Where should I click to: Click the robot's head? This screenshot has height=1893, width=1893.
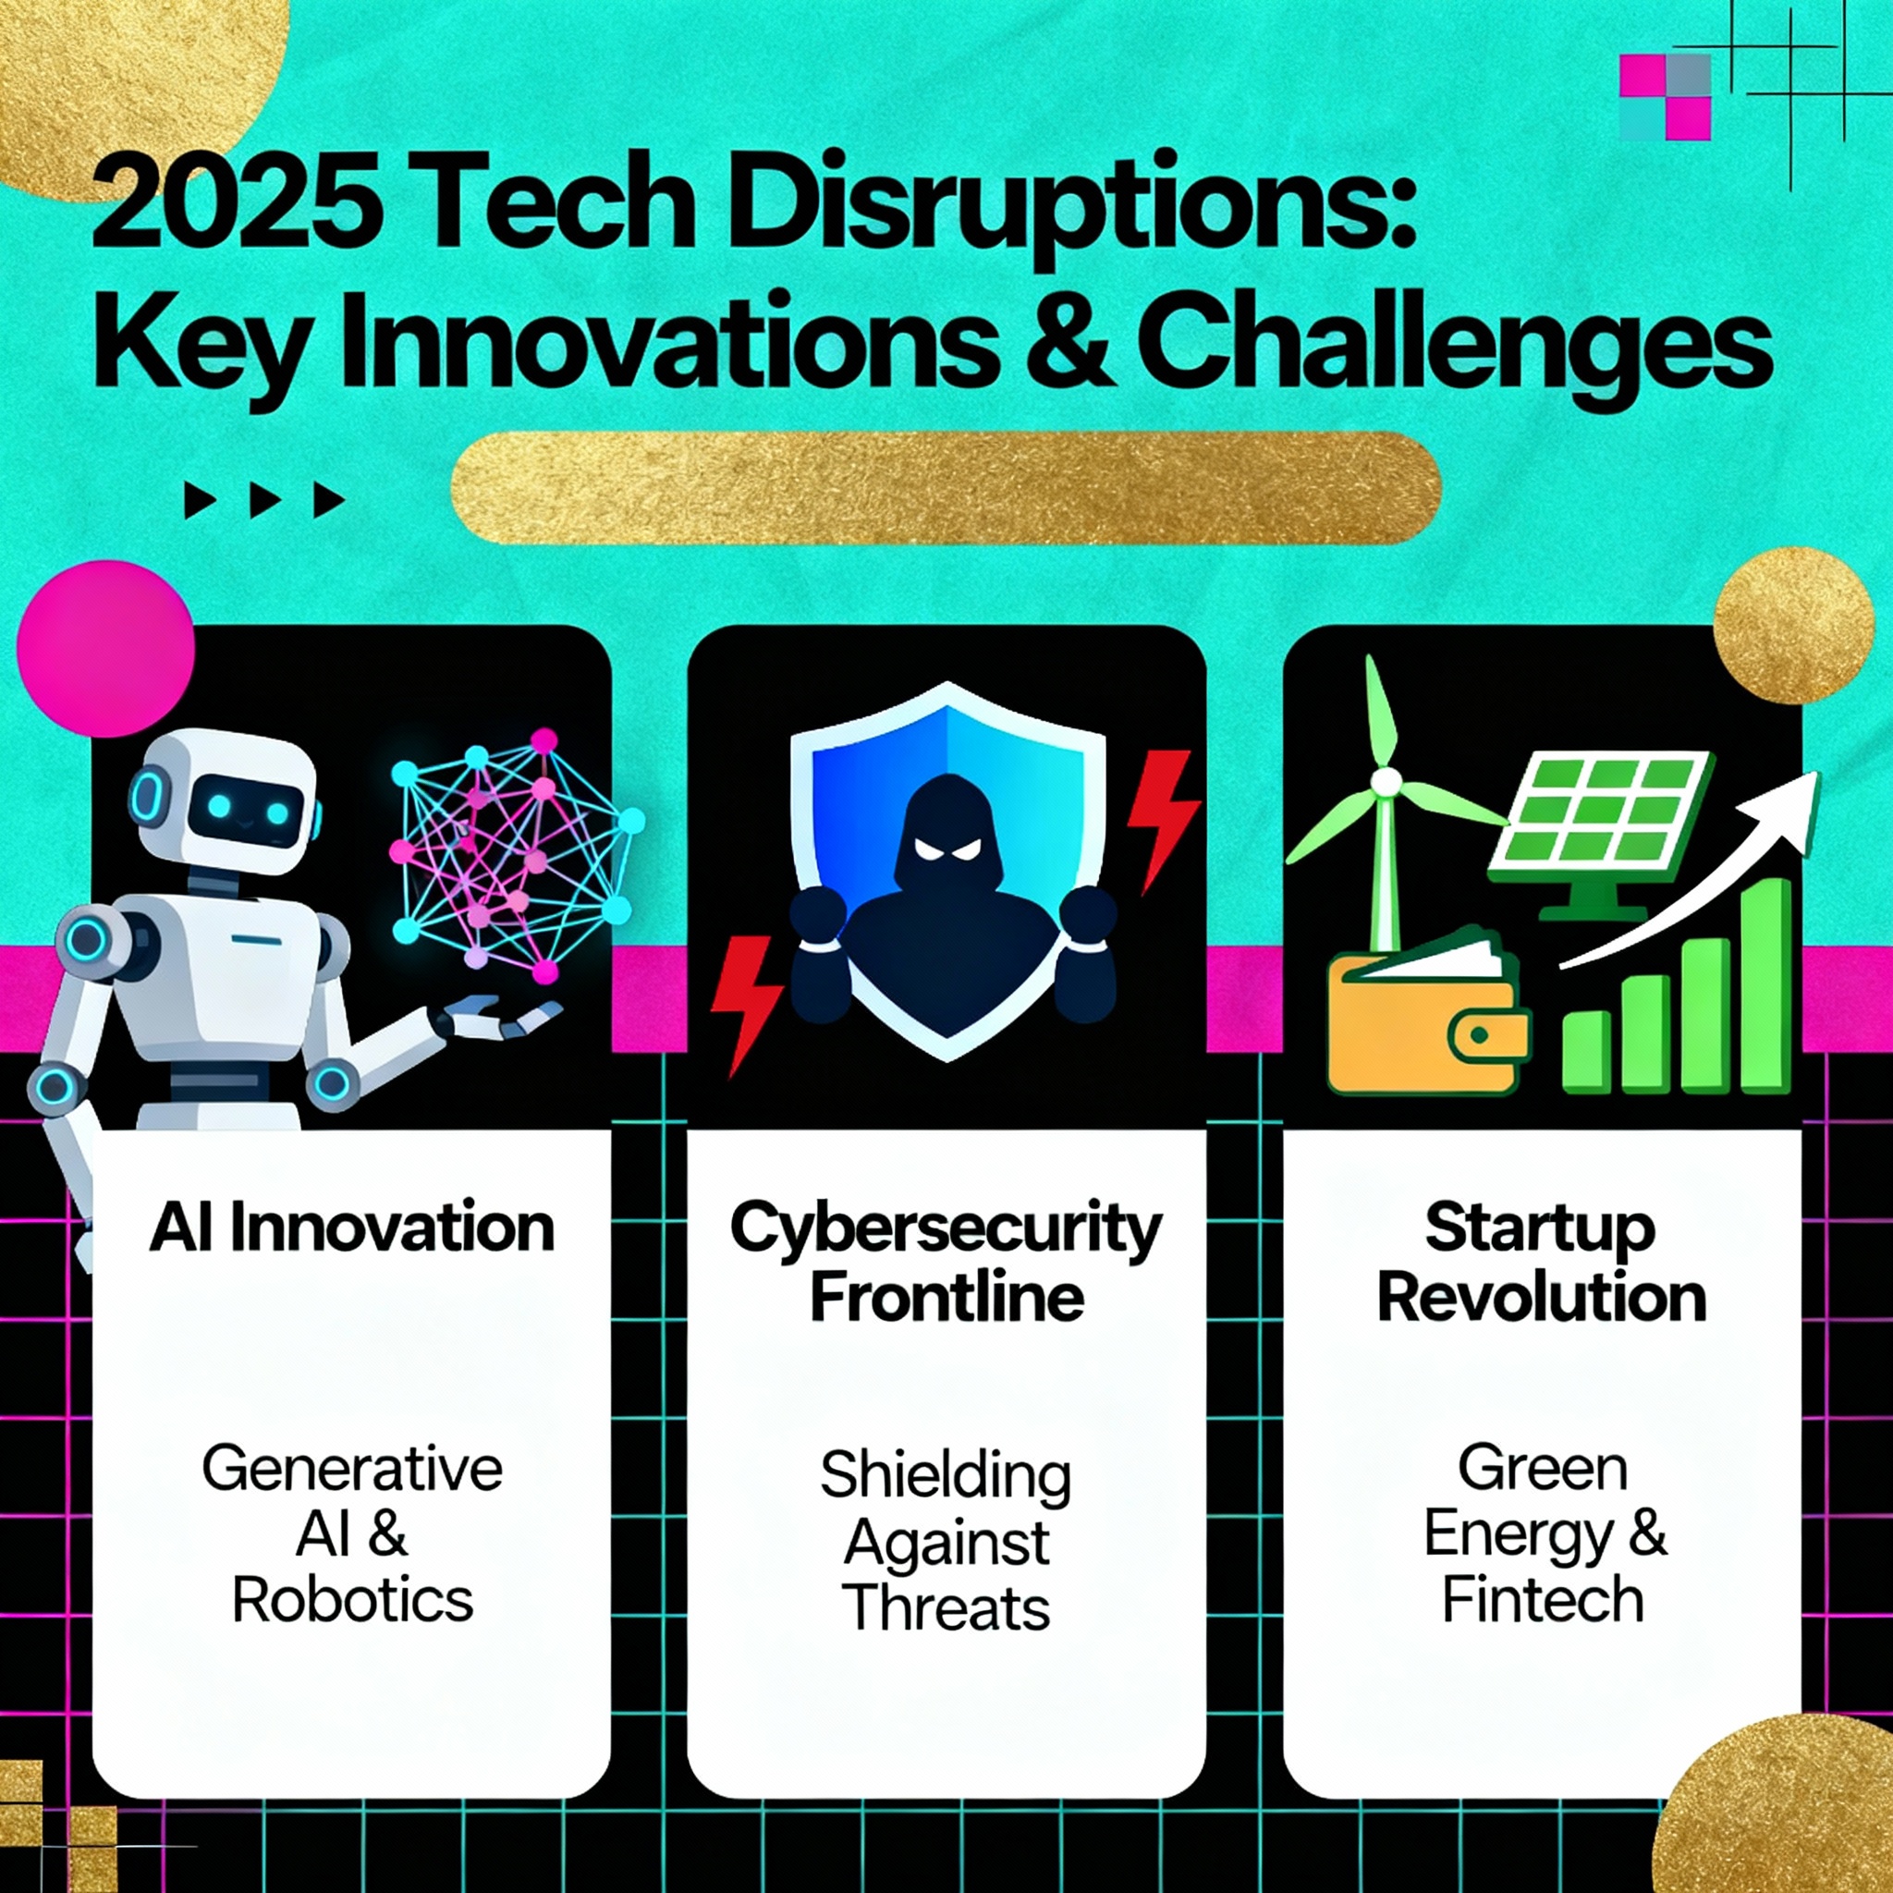[226, 802]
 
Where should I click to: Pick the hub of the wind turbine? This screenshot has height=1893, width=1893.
[1386, 781]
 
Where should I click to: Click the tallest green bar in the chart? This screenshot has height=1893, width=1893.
[1766, 985]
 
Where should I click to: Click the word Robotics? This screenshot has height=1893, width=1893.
[353, 1600]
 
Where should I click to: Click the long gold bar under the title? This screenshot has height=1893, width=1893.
[946, 487]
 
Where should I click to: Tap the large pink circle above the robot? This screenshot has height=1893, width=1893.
[105, 649]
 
